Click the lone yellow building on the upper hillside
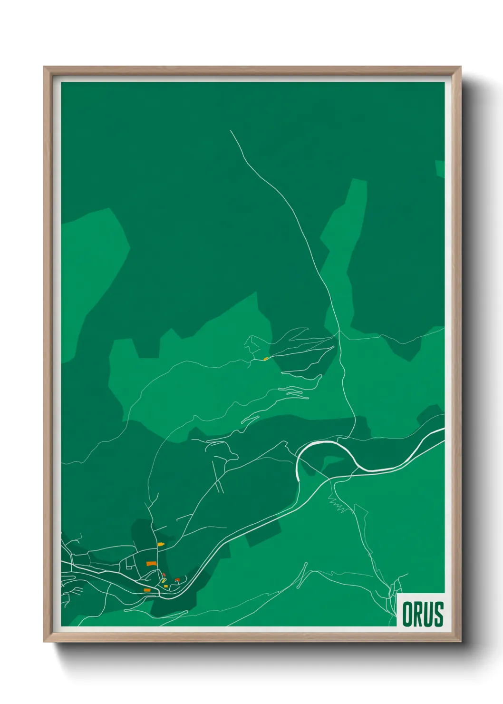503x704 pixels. (x=265, y=359)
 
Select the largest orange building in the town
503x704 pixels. (x=151, y=563)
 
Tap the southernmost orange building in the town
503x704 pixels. (x=147, y=590)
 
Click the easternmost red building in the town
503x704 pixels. (x=177, y=580)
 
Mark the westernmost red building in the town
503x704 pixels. (x=164, y=575)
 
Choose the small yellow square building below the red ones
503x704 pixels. (x=165, y=586)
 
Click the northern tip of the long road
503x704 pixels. (x=231, y=131)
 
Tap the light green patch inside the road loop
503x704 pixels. (x=333, y=460)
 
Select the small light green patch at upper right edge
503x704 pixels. (x=440, y=168)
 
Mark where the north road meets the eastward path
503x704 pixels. (x=339, y=332)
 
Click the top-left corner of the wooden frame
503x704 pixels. (x=44, y=67)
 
